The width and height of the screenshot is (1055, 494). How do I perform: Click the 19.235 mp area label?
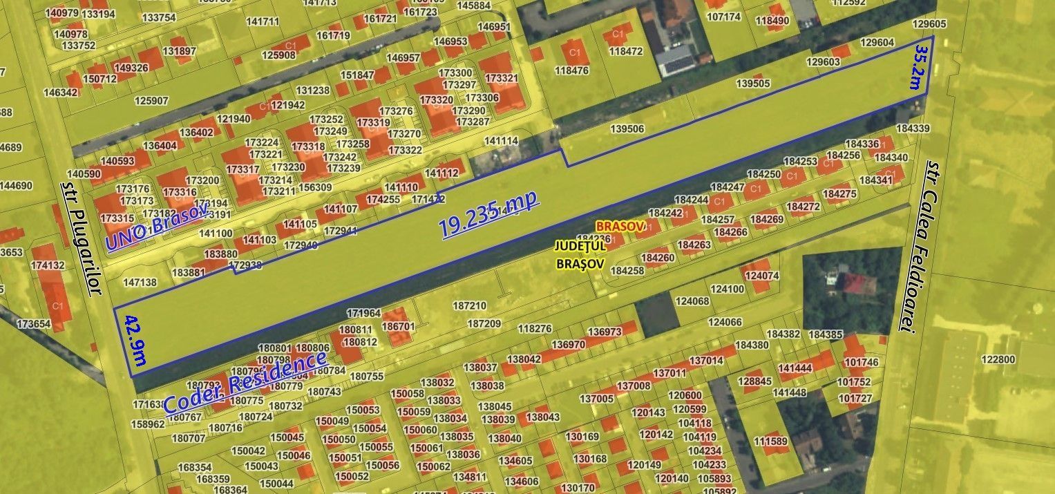(x=488, y=215)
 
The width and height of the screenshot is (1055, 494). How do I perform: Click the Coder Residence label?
(x=245, y=382)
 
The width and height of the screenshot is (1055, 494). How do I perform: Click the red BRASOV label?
(x=620, y=226)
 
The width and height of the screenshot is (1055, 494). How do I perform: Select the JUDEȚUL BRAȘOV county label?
(x=580, y=254)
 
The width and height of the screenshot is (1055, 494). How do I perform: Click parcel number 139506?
(x=627, y=129)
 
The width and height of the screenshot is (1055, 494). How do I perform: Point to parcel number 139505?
(x=753, y=84)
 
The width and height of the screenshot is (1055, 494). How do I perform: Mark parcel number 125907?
(x=151, y=101)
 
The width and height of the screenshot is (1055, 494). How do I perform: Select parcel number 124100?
(x=728, y=289)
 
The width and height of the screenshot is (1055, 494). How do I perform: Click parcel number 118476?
(x=571, y=70)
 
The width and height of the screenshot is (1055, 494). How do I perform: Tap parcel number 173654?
(x=34, y=323)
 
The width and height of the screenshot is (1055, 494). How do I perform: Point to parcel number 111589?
(x=770, y=441)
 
